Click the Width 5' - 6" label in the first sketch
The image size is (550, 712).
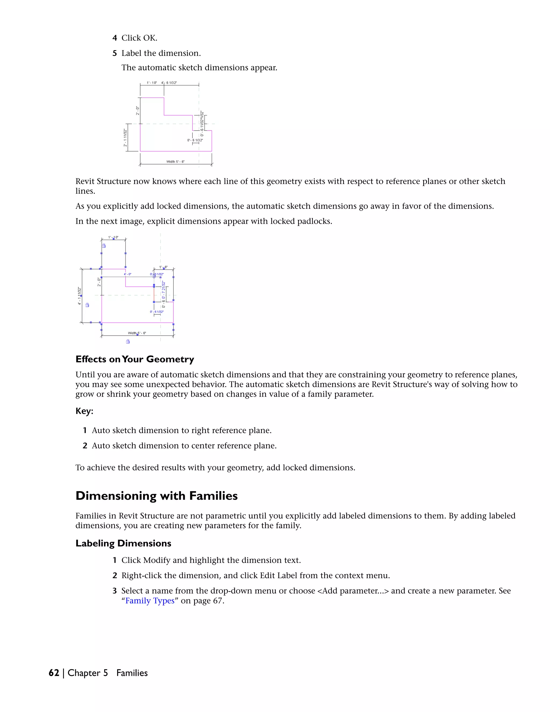click(x=175, y=162)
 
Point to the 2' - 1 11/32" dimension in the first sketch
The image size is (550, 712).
click(x=125, y=138)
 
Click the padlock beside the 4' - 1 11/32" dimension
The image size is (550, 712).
click(x=87, y=305)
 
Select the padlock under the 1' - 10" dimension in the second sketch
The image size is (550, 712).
click(x=104, y=246)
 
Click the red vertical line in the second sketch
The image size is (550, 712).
click(x=154, y=294)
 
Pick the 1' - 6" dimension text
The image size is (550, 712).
click(x=163, y=267)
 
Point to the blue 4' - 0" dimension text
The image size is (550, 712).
click(x=127, y=274)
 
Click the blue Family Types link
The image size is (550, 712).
click(x=150, y=600)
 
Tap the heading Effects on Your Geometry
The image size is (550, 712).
click(x=135, y=359)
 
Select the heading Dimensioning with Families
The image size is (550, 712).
click(x=156, y=496)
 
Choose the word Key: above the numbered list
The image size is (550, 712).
click(x=84, y=411)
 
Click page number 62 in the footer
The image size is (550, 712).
click(x=54, y=673)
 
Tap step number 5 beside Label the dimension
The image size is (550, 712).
click(x=115, y=53)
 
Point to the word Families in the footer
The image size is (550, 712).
click(x=132, y=673)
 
